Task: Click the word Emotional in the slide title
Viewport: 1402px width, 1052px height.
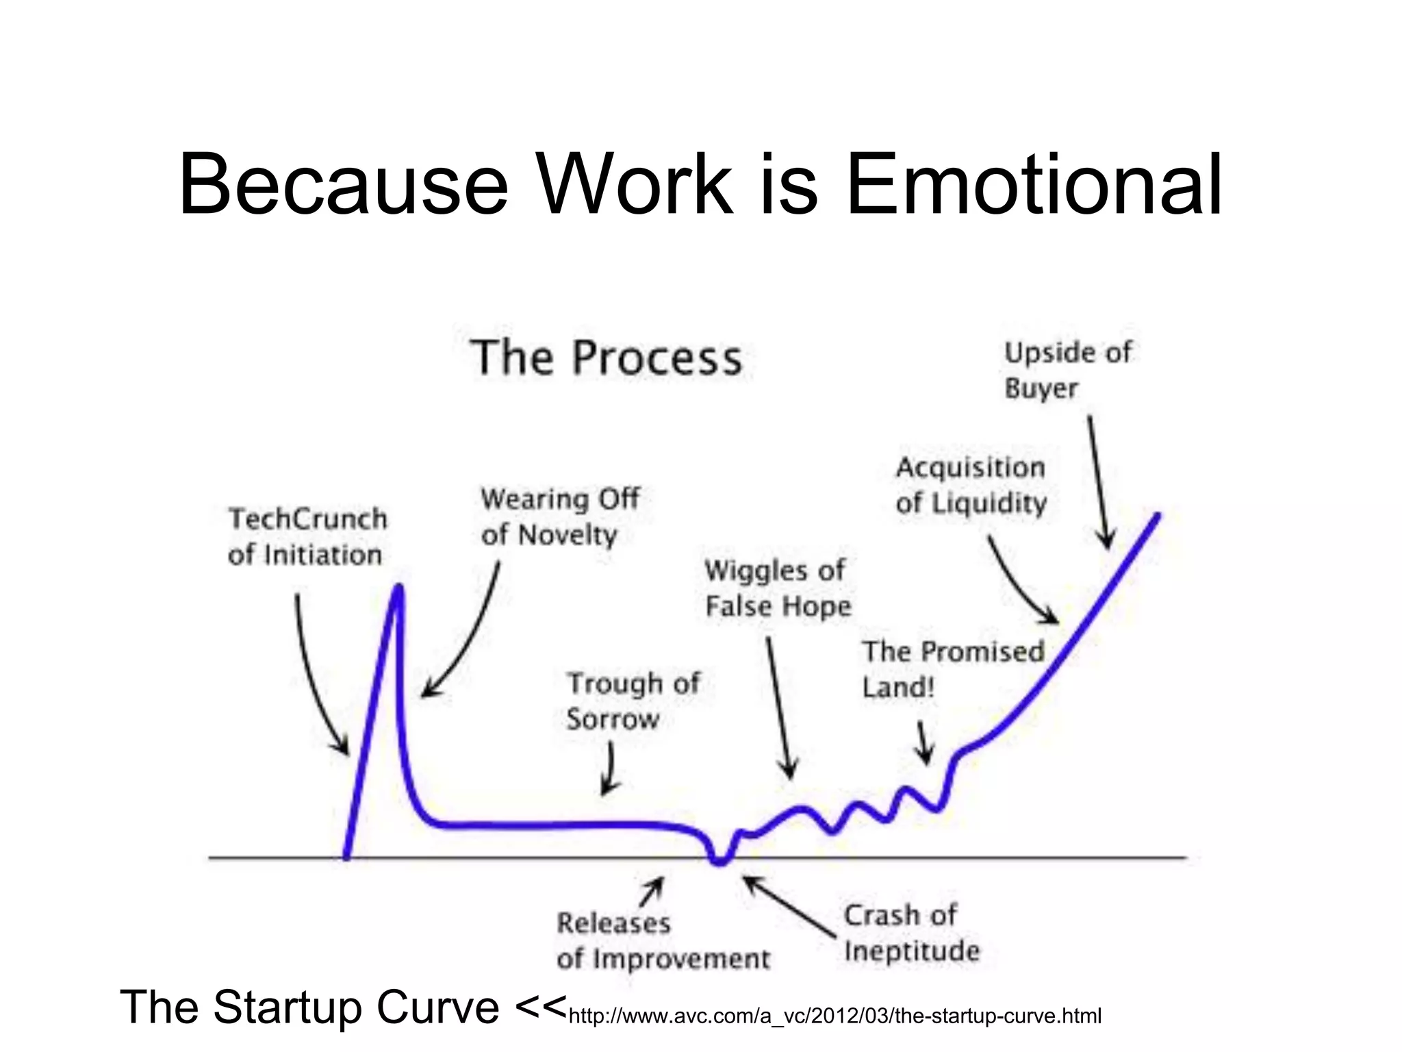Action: click(1034, 185)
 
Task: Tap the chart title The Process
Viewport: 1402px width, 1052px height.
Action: click(607, 358)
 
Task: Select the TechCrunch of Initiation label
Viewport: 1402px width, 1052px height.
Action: click(307, 537)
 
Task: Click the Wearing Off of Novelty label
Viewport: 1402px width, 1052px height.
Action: click(559, 516)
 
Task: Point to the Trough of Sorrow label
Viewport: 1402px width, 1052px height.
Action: click(633, 701)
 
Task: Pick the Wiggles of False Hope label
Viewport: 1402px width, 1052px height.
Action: click(778, 588)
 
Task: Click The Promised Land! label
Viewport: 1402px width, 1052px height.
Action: click(952, 669)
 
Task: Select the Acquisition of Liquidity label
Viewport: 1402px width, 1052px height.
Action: click(971, 485)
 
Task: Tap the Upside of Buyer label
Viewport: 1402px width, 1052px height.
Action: click(1067, 371)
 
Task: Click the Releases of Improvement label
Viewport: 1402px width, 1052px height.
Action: click(663, 941)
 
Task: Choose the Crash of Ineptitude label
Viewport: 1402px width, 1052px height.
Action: click(911, 933)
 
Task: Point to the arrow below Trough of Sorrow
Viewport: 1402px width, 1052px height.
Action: click(609, 770)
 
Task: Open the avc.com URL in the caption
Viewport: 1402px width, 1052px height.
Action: click(834, 1016)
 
